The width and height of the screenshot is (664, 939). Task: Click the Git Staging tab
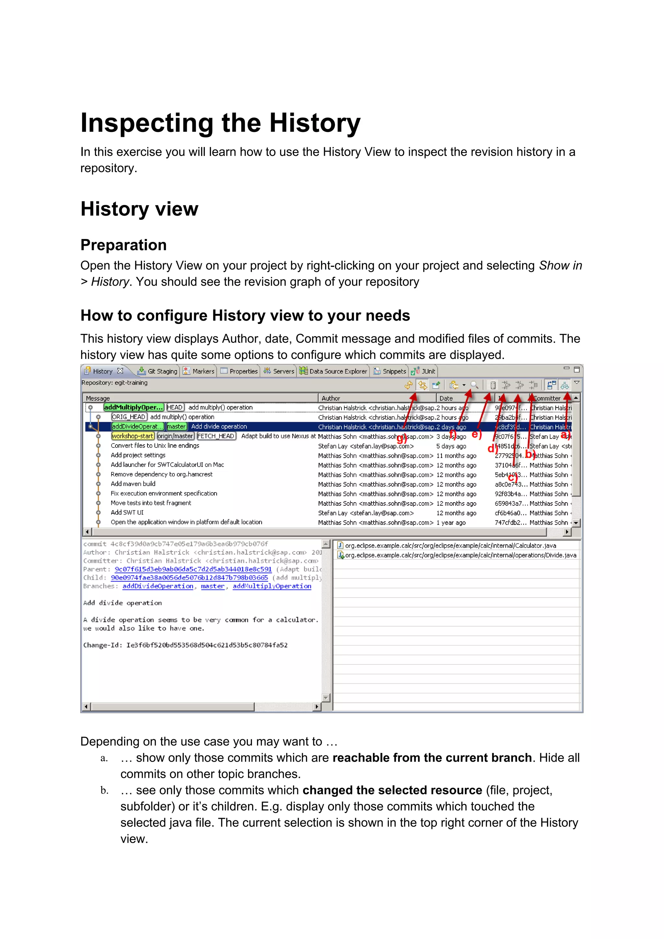(158, 371)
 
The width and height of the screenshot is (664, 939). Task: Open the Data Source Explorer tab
(334, 371)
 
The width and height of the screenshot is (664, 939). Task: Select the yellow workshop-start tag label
(133, 436)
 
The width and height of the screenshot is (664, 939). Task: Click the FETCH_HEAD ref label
(216, 436)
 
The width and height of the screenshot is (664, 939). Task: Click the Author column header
(331, 398)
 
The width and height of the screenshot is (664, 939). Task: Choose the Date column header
(446, 398)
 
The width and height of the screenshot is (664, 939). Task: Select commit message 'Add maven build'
(133, 484)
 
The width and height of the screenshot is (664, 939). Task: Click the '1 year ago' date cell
(451, 523)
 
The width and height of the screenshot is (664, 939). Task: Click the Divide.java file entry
(460, 555)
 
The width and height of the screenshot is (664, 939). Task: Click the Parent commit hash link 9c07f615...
(193, 569)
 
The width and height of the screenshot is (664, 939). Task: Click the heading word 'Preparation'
(124, 245)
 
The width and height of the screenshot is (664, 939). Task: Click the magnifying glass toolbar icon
(474, 385)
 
